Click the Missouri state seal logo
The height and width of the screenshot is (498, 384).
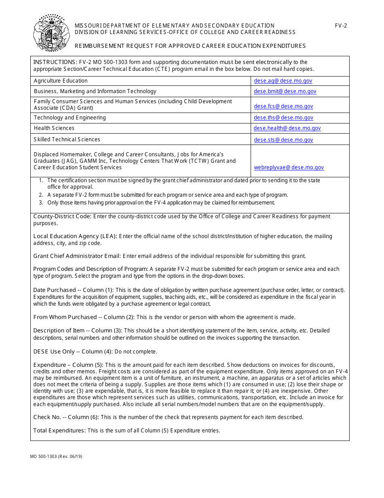click(49, 33)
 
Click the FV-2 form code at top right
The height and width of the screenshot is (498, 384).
click(341, 26)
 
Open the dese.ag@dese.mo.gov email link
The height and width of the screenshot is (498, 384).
click(283, 81)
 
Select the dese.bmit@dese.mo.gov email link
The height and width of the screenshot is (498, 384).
click(285, 92)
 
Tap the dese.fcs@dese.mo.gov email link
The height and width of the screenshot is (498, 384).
click(283, 106)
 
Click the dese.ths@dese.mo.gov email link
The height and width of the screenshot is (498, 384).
click(283, 118)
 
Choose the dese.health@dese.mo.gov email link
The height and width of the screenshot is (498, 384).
click(287, 128)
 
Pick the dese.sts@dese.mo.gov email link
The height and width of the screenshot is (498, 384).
click(283, 140)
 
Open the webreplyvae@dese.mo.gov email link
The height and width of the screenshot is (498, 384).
click(289, 168)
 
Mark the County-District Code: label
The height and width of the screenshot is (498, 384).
click(62, 217)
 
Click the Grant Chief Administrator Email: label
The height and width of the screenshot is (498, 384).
click(77, 256)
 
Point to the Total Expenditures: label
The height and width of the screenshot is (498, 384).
click(59, 430)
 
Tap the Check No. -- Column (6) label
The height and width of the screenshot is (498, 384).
click(66, 417)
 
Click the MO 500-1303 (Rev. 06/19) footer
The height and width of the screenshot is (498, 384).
click(56, 456)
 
